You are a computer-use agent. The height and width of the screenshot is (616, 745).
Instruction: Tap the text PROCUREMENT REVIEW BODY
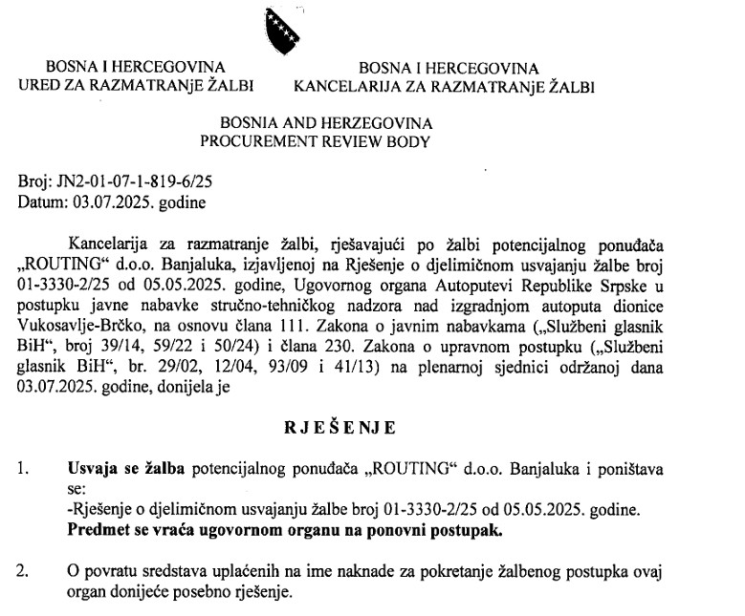click(x=316, y=141)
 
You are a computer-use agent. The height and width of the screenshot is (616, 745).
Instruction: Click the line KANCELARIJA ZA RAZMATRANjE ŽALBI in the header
click(x=444, y=86)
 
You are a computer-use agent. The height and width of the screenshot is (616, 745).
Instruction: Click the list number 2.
click(x=22, y=572)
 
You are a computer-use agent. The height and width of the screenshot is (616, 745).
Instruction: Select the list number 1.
click(x=22, y=469)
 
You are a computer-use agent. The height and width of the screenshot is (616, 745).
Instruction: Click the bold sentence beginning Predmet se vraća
click(x=286, y=529)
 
